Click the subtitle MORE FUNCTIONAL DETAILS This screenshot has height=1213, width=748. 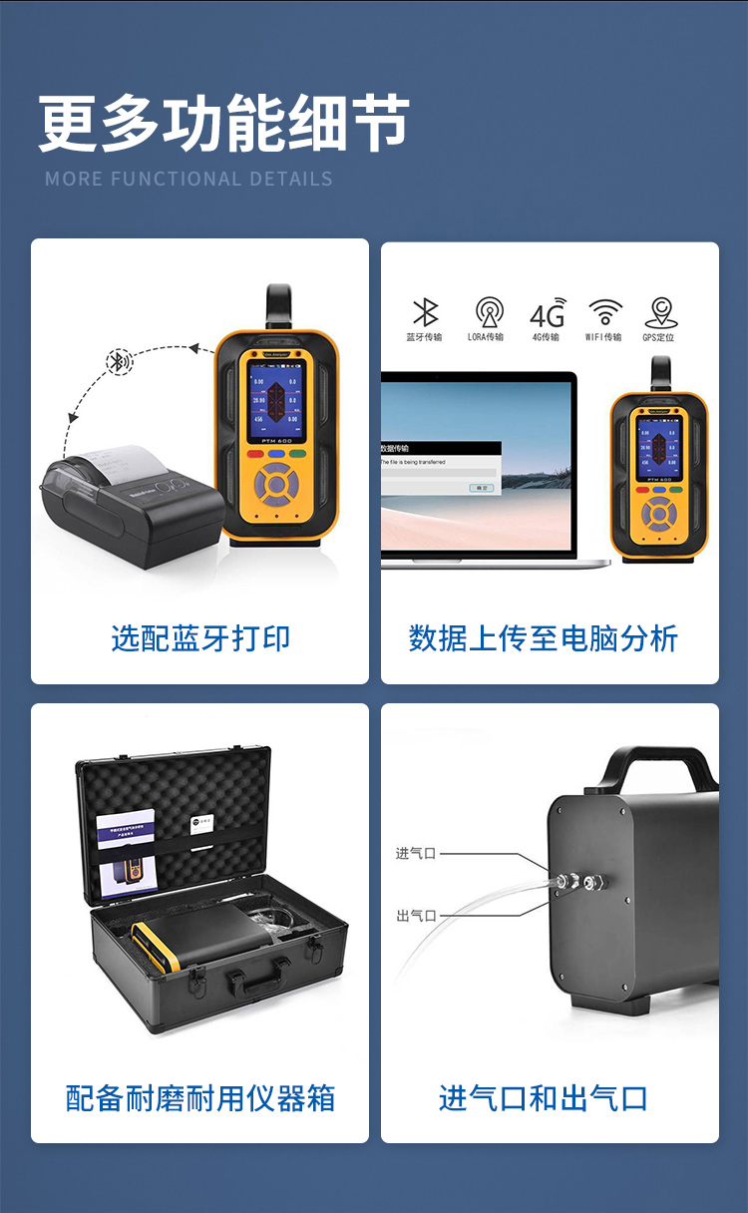point(188,180)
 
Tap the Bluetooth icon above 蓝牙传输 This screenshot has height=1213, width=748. point(425,312)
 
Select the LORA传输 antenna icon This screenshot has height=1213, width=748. point(489,312)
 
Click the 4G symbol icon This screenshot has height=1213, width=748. point(548,313)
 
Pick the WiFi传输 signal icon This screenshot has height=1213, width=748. point(604,311)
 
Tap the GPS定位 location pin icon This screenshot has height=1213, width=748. point(660,312)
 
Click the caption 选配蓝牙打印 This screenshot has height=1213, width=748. point(200,638)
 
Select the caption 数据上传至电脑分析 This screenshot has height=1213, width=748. point(544,638)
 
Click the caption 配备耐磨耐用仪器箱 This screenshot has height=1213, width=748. point(200,1098)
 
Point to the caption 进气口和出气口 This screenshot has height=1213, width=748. point(544,1098)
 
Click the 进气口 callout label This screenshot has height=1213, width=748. point(416,854)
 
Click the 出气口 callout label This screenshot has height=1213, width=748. point(416,916)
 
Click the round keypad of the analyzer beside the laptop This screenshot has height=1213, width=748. point(658,515)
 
